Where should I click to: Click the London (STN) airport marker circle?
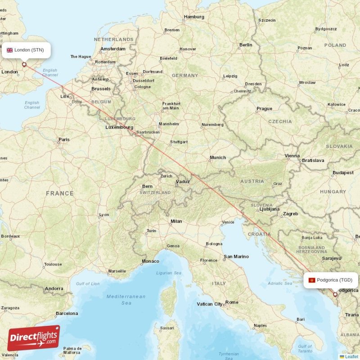click(25, 65)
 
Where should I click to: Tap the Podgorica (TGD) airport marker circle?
click(334, 295)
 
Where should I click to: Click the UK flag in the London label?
click(9, 50)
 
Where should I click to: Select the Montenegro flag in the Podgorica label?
click(311, 280)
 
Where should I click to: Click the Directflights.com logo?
click(33, 338)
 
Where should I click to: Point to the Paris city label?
click(64, 139)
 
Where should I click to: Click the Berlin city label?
click(246, 45)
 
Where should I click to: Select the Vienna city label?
click(292, 156)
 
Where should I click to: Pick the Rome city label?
click(232, 302)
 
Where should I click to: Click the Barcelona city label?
click(67, 313)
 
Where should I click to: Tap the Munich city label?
click(218, 157)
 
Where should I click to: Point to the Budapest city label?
click(343, 173)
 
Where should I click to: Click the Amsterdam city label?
click(113, 49)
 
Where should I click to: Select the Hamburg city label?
click(194, 17)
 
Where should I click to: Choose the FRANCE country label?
click(59, 193)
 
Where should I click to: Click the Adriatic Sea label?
click(280, 283)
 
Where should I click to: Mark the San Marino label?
click(236, 256)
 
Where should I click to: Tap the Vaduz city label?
click(183, 182)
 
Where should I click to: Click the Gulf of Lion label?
click(88, 283)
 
